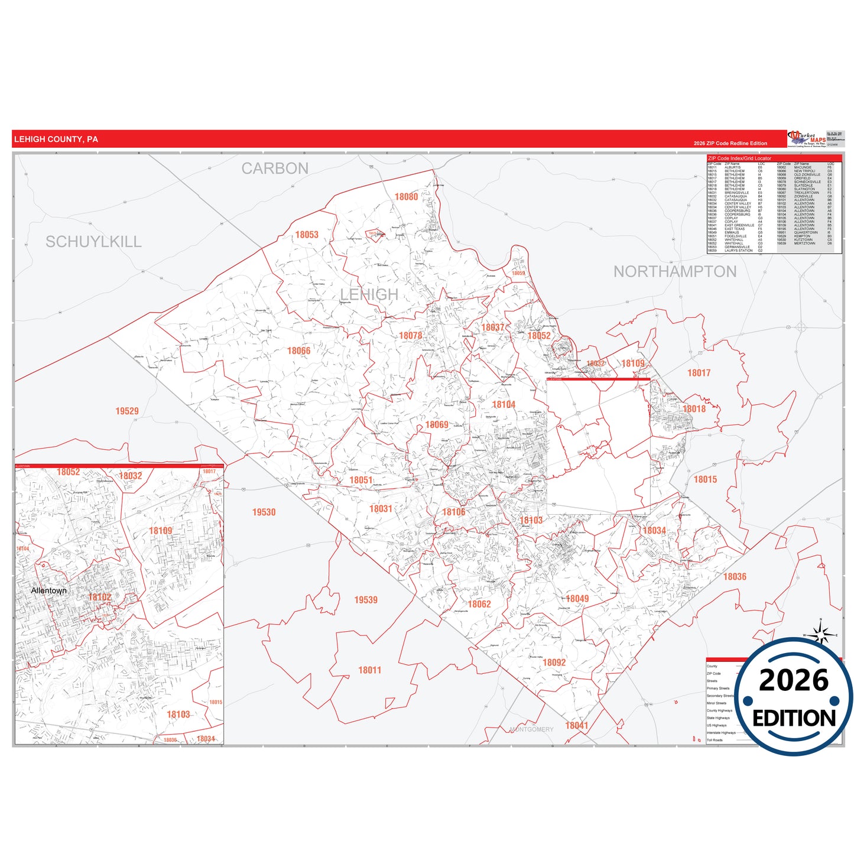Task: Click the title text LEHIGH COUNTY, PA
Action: [x=56, y=139]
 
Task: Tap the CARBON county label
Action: [x=275, y=168]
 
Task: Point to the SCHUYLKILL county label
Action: [x=93, y=242]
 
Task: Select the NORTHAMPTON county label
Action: [x=675, y=272]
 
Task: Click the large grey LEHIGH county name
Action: [x=369, y=294]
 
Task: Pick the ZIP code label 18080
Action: [x=406, y=197]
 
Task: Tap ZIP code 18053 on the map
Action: [x=307, y=235]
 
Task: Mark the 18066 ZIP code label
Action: [x=298, y=351]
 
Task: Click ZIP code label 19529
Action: [x=127, y=411]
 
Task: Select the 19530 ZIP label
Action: [x=264, y=512]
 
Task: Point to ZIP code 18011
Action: [x=369, y=670]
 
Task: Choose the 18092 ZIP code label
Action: [x=554, y=663]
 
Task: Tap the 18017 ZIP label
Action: [x=699, y=373]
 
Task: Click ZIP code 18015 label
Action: [x=705, y=479]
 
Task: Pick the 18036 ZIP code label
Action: [x=735, y=577]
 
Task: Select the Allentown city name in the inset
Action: [x=48, y=591]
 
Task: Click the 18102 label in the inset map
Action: [x=99, y=598]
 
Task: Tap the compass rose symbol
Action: [x=820, y=635]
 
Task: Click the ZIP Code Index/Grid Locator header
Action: [x=739, y=158]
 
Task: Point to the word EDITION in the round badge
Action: [x=794, y=718]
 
